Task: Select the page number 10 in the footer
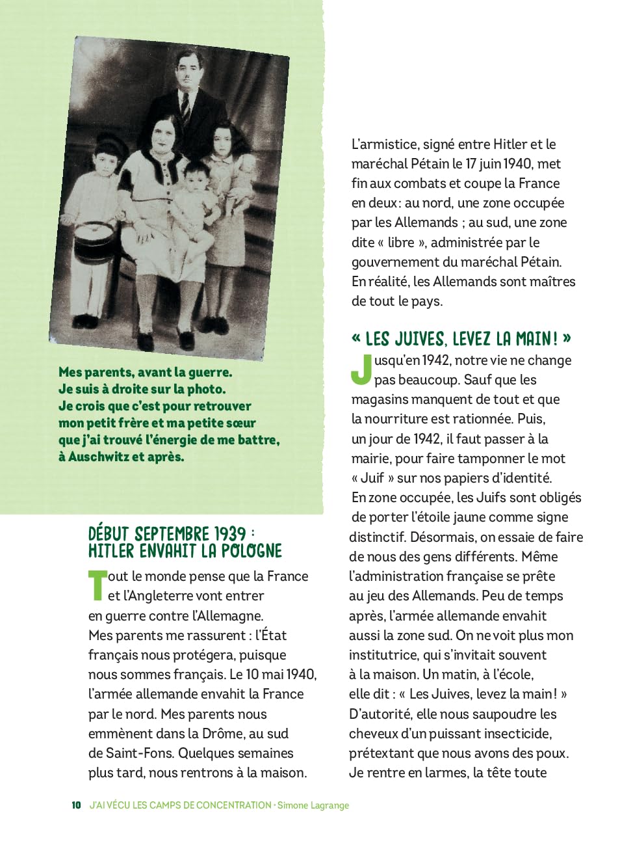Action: click(76, 805)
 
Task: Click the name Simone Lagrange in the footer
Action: click(313, 805)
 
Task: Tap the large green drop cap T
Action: click(97, 585)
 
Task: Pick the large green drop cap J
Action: click(361, 369)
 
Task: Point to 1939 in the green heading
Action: click(230, 534)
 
